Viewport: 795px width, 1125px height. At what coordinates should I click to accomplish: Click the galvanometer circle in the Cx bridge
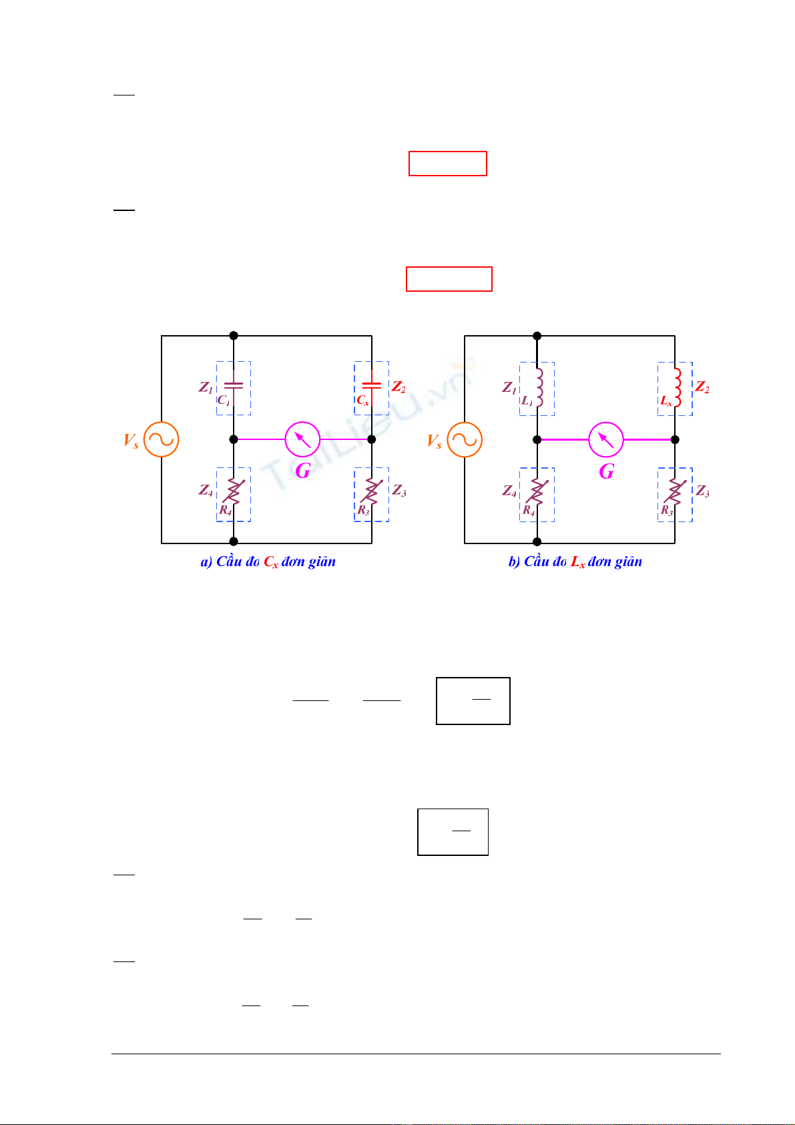point(302,439)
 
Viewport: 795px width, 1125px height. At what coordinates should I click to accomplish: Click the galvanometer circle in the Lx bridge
point(606,439)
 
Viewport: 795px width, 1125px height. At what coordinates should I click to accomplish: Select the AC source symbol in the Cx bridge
point(162,439)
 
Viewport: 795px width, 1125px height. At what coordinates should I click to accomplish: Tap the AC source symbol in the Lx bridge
point(465,439)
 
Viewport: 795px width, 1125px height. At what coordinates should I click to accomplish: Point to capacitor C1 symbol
point(234,385)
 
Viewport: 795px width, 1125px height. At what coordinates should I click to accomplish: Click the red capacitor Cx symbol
point(371,385)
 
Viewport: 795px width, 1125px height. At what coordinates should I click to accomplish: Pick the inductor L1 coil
point(539,387)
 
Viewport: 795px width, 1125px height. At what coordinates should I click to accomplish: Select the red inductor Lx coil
point(676,387)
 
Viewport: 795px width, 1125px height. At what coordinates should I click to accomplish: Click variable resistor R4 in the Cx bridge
point(234,492)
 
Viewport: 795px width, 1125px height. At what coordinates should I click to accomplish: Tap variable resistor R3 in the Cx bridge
point(372,492)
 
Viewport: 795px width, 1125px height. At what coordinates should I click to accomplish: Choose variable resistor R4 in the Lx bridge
point(537,493)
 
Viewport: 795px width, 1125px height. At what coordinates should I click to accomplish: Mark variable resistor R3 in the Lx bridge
point(675,493)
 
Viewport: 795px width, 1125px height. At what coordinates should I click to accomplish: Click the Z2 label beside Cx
point(399,387)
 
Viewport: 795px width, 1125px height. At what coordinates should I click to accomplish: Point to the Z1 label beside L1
point(509,387)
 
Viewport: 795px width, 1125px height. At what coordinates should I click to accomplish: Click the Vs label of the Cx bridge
point(131,441)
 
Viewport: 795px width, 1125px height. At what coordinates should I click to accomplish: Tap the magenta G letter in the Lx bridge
point(606,471)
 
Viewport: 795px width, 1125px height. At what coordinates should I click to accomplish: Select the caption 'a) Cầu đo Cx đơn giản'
point(268,562)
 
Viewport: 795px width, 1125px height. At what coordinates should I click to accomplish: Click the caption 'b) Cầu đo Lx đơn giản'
point(575,562)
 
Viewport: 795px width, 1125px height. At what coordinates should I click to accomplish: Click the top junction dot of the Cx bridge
point(234,336)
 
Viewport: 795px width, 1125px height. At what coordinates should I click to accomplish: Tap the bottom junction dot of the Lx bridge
point(537,542)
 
